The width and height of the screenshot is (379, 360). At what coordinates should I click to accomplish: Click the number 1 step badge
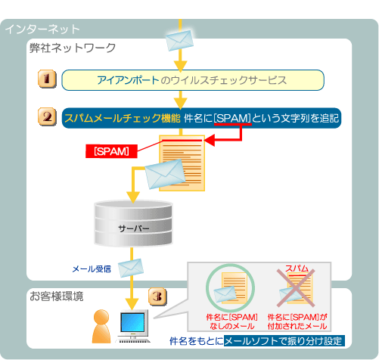(x=47, y=79)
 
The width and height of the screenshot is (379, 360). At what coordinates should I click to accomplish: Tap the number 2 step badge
(x=47, y=116)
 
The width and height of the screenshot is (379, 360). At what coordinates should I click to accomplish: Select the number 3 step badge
(x=157, y=296)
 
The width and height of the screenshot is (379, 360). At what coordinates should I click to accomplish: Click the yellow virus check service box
(x=193, y=80)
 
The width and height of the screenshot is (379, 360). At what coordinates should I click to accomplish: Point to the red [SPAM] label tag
(x=111, y=151)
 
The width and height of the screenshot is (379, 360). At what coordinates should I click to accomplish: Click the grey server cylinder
(x=133, y=223)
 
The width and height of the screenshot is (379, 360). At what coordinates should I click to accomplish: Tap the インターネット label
(x=42, y=29)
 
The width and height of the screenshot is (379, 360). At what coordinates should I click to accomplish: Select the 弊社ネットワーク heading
(x=73, y=48)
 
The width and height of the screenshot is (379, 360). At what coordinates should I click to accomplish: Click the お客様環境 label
(x=57, y=296)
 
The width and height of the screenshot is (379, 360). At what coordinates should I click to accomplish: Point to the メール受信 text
(x=92, y=269)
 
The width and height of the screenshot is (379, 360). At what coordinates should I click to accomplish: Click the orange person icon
(x=101, y=326)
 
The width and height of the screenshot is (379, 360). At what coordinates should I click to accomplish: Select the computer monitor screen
(x=133, y=322)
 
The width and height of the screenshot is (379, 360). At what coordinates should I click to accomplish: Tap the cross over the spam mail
(x=296, y=288)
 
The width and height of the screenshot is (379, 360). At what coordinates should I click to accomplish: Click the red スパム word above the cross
(x=297, y=268)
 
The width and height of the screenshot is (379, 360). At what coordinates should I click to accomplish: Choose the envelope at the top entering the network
(x=179, y=40)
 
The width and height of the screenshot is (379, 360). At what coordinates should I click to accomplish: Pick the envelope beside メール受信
(x=131, y=268)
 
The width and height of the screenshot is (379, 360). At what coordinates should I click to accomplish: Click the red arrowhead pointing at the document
(x=210, y=140)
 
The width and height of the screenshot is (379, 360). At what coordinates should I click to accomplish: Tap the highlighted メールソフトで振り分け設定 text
(x=284, y=341)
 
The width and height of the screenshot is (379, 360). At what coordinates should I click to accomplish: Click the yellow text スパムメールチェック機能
(x=123, y=118)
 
